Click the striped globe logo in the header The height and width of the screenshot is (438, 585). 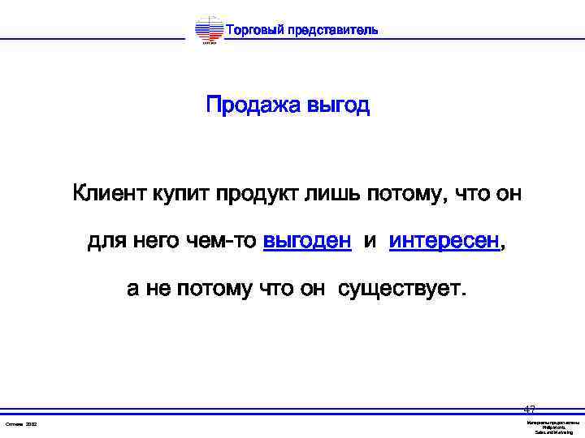(209, 31)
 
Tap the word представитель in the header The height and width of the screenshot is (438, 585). (332, 30)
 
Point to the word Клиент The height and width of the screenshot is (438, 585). (107, 195)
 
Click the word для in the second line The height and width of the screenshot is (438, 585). (105, 242)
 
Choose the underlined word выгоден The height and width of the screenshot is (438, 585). (308, 242)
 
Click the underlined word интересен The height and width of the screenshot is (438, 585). (443, 242)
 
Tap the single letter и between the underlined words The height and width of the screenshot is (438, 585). (370, 242)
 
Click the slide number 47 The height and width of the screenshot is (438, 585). (530, 410)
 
